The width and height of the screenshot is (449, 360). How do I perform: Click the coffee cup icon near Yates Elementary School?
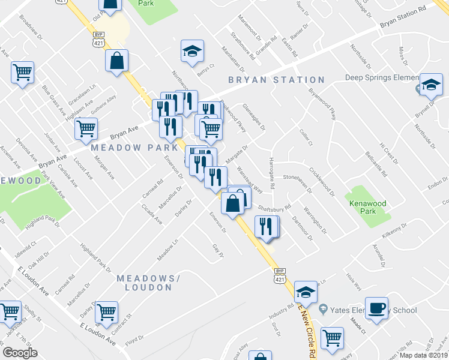(x=376, y=308)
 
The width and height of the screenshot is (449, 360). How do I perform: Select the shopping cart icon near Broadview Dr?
(x=22, y=73)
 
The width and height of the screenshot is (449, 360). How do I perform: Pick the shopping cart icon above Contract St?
(x=106, y=311)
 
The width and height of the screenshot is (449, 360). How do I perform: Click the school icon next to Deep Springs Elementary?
(x=431, y=85)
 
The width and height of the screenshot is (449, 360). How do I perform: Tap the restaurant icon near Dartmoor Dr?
(x=266, y=226)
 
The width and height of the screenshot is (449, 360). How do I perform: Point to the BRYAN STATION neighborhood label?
(x=276, y=80)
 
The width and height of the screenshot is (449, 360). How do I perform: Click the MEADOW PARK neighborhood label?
(x=134, y=148)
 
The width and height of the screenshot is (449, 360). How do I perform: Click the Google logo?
(x=20, y=352)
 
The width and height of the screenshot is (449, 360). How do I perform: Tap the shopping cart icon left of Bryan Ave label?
(x=86, y=128)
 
